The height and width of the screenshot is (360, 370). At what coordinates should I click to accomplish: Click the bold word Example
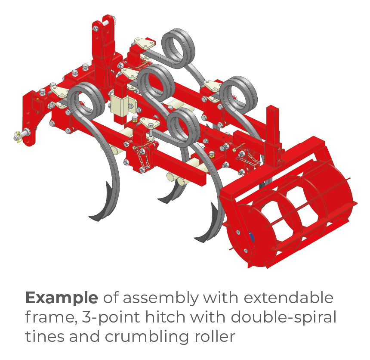pos(62,298)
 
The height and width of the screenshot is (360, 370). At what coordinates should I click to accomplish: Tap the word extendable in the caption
pos(288,298)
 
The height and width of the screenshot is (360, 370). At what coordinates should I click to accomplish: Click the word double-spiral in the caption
pos(284,317)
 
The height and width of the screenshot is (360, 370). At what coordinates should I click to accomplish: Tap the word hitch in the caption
pos(165,317)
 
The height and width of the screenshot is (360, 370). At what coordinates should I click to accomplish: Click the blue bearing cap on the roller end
pos(252,237)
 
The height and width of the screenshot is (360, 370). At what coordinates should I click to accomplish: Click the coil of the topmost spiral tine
pos(179,48)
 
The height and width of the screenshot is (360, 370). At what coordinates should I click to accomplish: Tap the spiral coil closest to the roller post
pos(239,95)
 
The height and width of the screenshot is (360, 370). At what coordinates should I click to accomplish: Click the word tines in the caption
pos(44,336)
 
